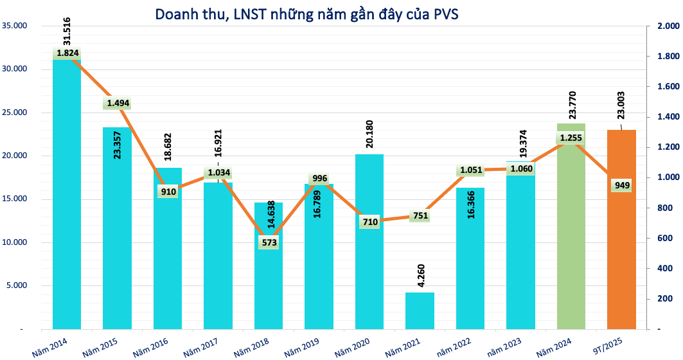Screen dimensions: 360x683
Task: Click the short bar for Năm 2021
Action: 420,311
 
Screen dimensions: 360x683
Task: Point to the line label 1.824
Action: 67,53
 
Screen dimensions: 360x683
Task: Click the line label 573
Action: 269,242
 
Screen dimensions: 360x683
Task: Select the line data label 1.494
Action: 118,104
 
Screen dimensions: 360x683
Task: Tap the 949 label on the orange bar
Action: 622,186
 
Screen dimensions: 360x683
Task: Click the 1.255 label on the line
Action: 571,138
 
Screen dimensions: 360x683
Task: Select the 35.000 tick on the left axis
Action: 15,26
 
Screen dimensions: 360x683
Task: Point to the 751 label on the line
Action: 420,217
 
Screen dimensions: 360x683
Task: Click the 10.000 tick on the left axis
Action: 15,242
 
